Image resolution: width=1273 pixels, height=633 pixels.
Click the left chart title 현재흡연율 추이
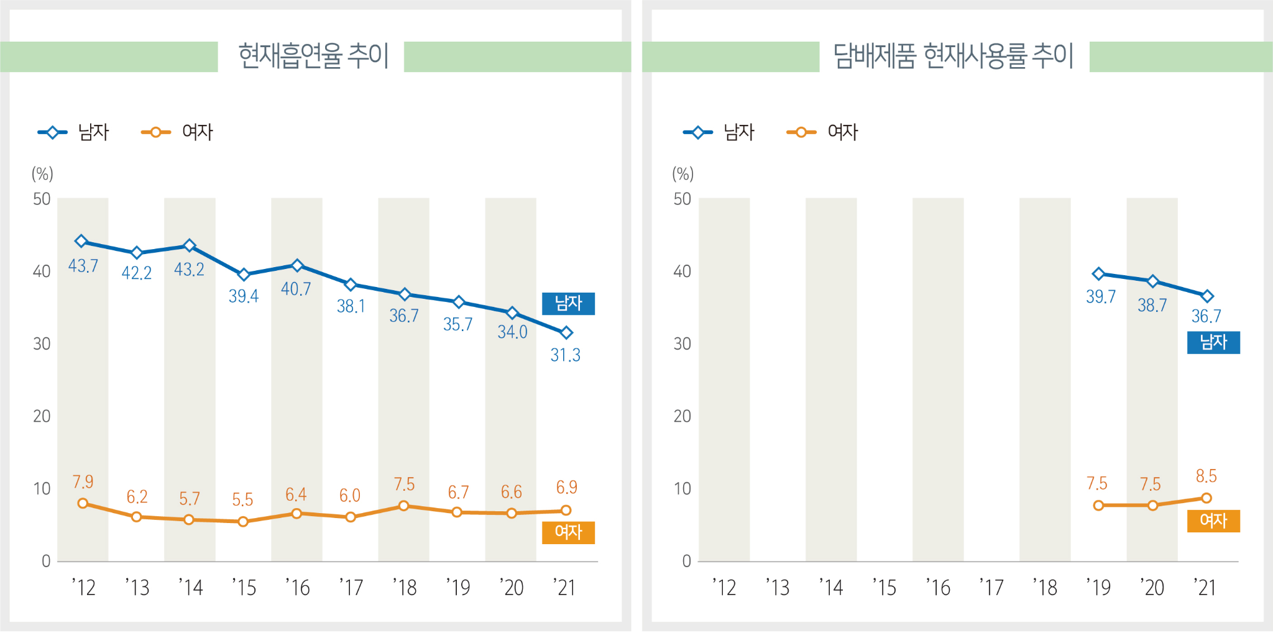click(313, 56)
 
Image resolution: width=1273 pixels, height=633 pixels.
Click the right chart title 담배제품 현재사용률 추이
click(954, 56)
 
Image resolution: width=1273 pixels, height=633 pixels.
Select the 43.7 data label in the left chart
click(83, 266)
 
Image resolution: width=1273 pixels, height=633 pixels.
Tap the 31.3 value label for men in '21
click(565, 355)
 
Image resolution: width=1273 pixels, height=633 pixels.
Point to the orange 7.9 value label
click(83, 482)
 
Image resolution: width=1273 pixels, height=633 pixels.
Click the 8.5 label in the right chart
click(1206, 476)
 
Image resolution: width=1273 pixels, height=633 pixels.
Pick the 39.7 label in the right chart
click(1100, 297)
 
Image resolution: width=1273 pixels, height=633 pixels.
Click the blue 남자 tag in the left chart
click(568, 304)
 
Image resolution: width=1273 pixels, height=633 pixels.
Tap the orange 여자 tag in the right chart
click(1213, 521)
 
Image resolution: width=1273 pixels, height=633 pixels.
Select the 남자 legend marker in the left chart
click(53, 132)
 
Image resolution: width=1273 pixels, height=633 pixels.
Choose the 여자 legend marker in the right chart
click(801, 132)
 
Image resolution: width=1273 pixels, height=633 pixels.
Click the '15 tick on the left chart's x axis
click(244, 588)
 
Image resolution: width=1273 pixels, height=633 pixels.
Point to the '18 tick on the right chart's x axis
click(1045, 588)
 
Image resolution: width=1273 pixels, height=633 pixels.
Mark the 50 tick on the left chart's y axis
click(42, 199)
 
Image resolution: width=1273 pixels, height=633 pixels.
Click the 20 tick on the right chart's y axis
click(682, 416)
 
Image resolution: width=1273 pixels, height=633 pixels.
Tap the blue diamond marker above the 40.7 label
click(297, 266)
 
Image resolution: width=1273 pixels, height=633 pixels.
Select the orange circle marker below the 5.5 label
click(243, 522)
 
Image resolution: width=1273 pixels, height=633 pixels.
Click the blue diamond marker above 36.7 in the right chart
click(1206, 296)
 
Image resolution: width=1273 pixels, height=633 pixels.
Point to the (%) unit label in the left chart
click(42, 174)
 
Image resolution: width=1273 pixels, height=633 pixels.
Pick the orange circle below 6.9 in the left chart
click(566, 511)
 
